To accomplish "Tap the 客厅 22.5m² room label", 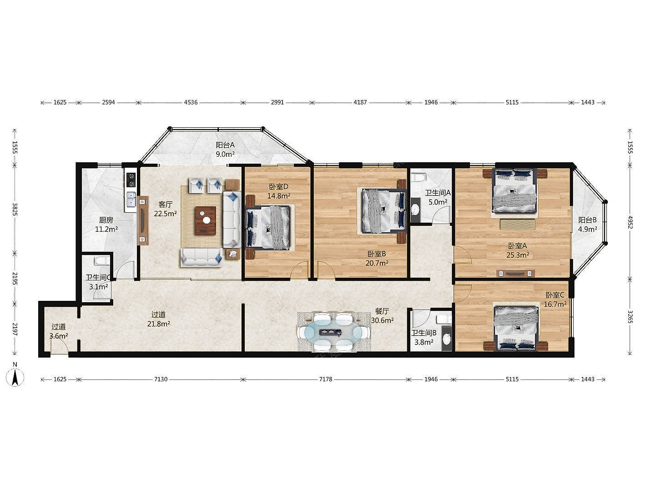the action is coord(166,209).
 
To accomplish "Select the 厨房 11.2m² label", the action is coord(106,224).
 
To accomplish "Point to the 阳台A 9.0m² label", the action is coord(225,149).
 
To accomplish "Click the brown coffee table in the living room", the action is coord(206,220).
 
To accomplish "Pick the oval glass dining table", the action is coord(333,333).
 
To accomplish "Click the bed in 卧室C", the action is coord(517,329).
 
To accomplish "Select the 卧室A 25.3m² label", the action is coord(517,250).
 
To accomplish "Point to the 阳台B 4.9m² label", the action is coord(587,224).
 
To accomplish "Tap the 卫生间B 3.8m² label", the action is coord(424,337).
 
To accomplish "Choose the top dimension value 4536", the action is coord(191,102).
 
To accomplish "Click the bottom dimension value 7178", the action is coord(325,379).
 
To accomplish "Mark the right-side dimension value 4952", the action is coord(630,222).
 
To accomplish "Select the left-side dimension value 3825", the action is coord(15,209).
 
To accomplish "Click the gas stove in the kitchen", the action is coord(131,180).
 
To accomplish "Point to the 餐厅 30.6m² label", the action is coord(382,315).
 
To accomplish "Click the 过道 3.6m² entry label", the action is coord(59,331).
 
